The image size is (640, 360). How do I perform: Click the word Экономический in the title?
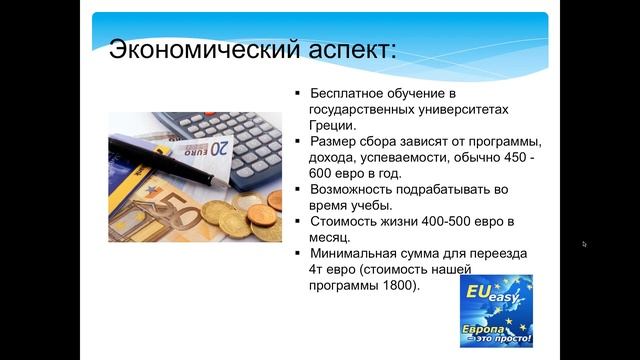tap(188, 50)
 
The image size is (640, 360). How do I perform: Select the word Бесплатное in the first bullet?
tap(349, 93)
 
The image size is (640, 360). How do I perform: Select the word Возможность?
tap(360, 188)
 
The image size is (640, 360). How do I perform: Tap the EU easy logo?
tap(495, 310)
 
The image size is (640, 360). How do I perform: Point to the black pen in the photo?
tap(170, 156)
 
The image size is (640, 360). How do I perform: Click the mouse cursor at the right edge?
tap(584, 244)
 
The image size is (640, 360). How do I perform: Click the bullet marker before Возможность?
tap(297, 188)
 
